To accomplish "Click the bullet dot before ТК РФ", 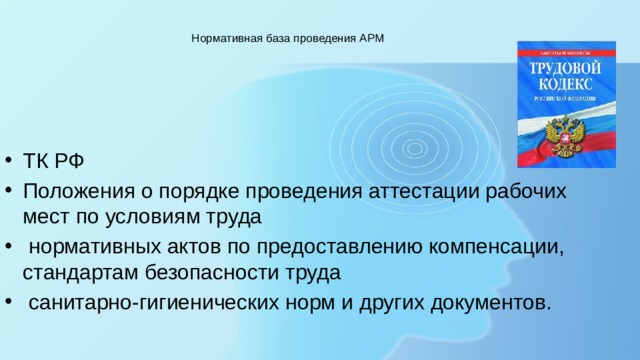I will (8, 164).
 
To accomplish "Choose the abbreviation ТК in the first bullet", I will (35, 164).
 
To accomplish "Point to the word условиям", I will (149, 215).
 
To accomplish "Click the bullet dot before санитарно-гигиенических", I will (8, 302).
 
